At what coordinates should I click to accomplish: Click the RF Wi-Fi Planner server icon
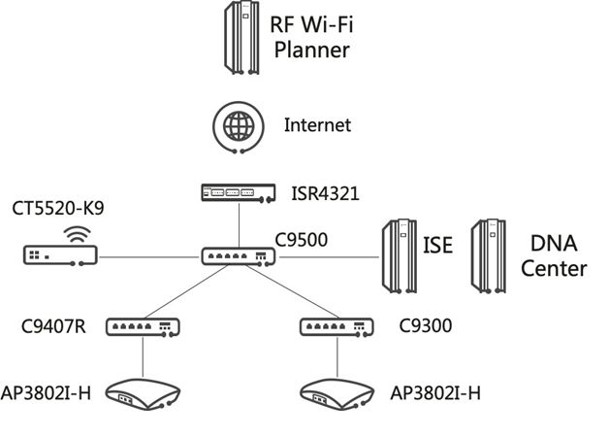[241, 37]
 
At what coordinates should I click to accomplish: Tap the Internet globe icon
[239, 127]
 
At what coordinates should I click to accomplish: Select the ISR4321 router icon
[239, 193]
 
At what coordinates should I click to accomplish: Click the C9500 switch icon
[239, 256]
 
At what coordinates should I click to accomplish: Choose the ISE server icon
[400, 256]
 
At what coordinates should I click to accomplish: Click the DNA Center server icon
[489, 256]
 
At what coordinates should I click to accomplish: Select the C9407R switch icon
[143, 327]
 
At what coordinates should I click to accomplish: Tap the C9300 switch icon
[337, 327]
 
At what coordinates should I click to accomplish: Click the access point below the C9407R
[143, 394]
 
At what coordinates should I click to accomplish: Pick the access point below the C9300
[337, 394]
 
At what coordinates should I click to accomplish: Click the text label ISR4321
[326, 193]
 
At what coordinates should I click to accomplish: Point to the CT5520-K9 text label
[58, 208]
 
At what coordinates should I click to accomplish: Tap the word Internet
[317, 125]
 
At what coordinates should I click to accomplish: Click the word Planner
[312, 51]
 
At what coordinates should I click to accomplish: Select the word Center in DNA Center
[554, 269]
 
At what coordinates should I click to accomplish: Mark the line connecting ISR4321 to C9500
[239, 225]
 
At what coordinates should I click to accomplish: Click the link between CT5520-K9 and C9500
[149, 257]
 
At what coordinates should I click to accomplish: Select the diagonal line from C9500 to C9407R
[185, 291]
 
